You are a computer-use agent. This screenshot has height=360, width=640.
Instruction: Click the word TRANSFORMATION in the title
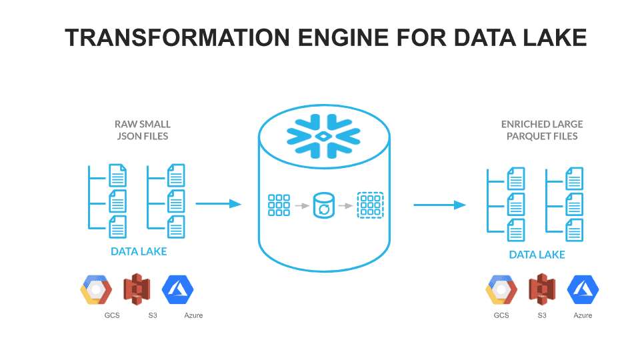pyautogui.click(x=177, y=37)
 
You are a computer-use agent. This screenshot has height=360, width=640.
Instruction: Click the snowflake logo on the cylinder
pyautogui.click(x=323, y=136)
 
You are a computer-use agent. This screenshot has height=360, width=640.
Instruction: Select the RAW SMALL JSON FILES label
pyautogui.click(x=143, y=130)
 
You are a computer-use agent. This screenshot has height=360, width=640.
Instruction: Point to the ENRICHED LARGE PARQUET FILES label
pyautogui.click(x=542, y=130)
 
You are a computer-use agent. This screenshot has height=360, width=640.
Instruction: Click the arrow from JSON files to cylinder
pyautogui.click(x=219, y=203)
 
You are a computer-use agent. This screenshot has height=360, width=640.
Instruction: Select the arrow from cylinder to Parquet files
pyautogui.click(x=439, y=205)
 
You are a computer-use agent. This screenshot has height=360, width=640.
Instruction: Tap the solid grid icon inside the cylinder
pyautogui.click(x=279, y=205)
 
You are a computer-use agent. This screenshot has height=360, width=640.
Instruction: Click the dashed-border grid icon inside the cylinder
pyautogui.click(x=370, y=205)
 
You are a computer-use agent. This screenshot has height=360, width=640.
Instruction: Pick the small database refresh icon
pyautogui.click(x=324, y=205)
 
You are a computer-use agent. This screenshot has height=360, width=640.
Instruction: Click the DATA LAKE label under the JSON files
pyautogui.click(x=139, y=251)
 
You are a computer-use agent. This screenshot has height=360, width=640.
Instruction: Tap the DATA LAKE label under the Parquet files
pyautogui.click(x=537, y=255)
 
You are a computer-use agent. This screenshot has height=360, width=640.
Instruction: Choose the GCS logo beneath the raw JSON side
pyautogui.click(x=96, y=289)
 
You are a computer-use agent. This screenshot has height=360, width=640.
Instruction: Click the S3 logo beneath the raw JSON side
pyautogui.click(x=137, y=289)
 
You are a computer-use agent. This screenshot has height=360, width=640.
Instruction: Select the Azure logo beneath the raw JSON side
pyautogui.click(x=177, y=289)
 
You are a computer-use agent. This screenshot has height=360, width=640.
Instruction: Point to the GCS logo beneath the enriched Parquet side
pyautogui.click(x=501, y=289)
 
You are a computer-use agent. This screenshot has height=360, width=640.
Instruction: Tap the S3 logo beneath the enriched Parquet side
pyautogui.click(x=542, y=289)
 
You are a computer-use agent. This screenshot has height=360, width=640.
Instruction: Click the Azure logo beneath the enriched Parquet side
pyautogui.click(x=583, y=289)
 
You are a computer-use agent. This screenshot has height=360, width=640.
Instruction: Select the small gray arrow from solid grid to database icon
pyautogui.click(x=302, y=205)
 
